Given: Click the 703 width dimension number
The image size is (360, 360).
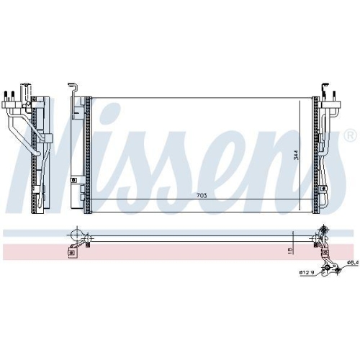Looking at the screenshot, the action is click(202, 196).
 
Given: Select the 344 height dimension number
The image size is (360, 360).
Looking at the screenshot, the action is click(296, 155).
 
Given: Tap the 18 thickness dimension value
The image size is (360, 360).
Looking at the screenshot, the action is click(290, 251).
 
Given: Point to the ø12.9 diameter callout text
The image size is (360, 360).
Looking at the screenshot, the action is click(307, 272).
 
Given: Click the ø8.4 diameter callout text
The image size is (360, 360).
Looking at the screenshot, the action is click(353, 263).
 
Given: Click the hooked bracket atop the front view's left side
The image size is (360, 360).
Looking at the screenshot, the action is click(73, 87).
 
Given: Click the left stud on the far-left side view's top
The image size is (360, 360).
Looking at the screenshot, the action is click(6, 96).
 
